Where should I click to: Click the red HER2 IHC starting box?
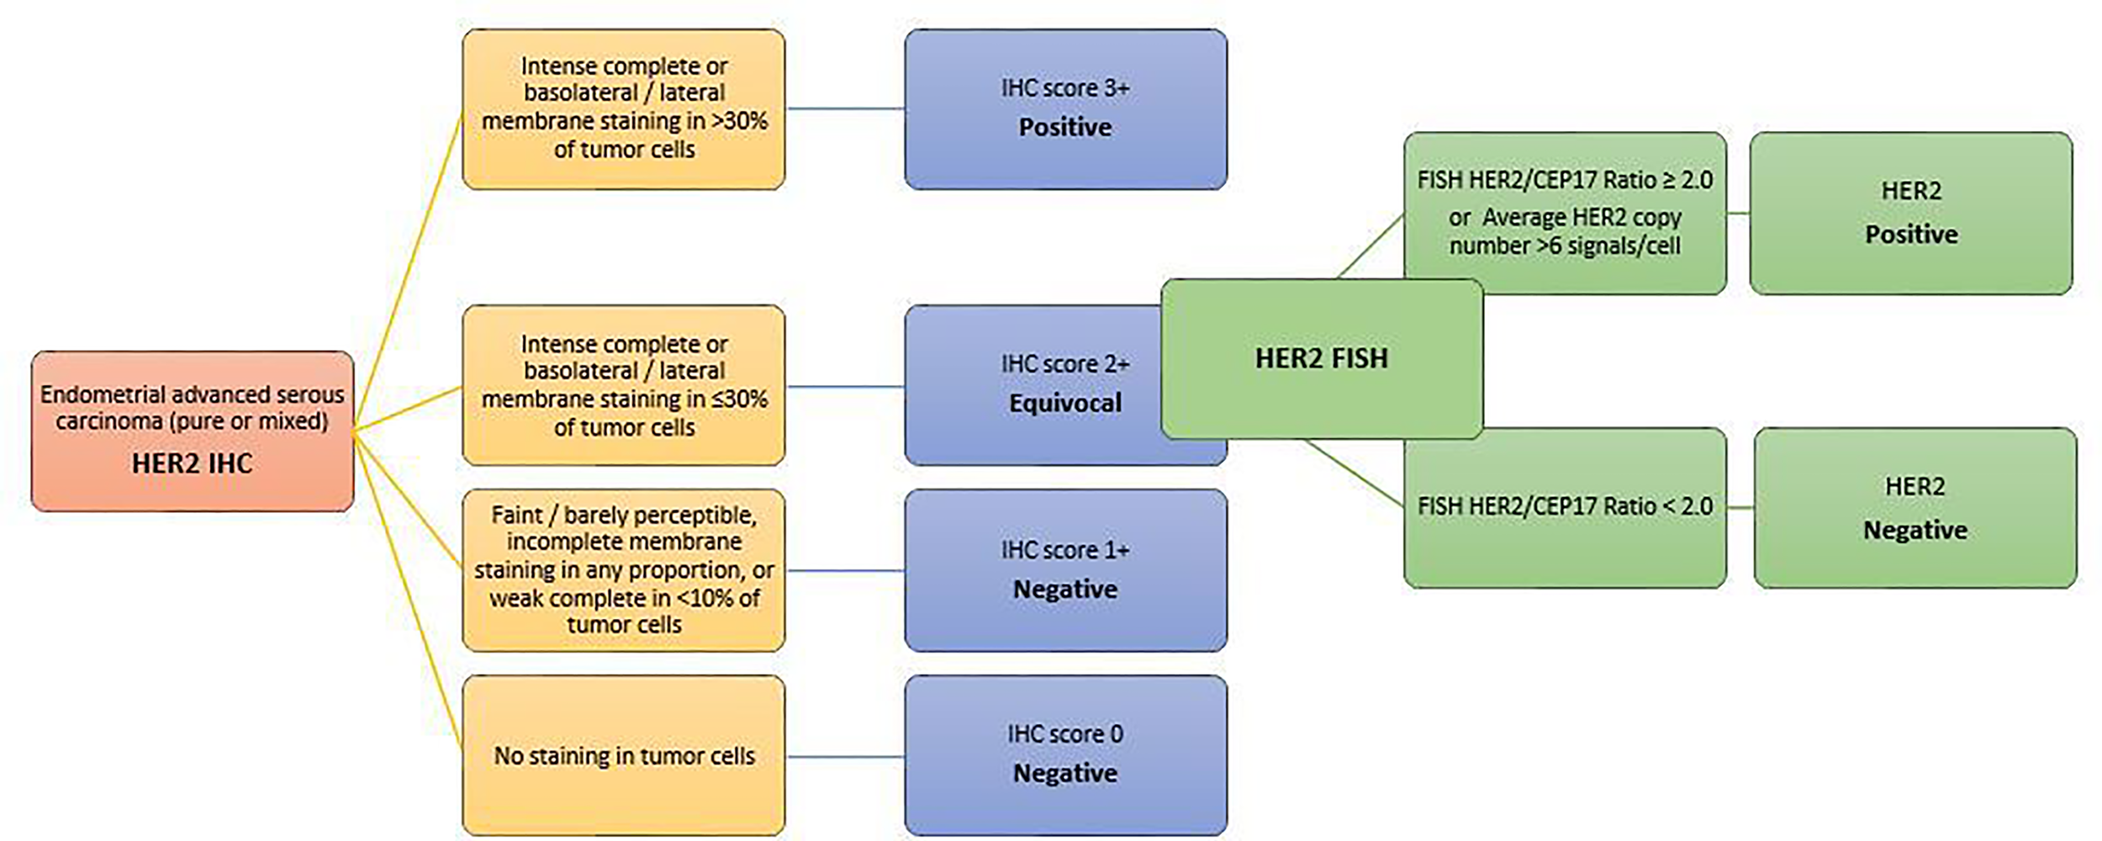[x=193, y=431]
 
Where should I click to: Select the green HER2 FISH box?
[x=1322, y=358]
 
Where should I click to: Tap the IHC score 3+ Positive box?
[x=1065, y=109]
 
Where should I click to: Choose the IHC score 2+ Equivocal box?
[x=1034, y=385]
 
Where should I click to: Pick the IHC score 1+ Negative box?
[x=1065, y=570]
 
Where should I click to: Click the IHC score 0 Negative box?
[x=1065, y=754]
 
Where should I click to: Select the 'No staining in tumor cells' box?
[x=624, y=755]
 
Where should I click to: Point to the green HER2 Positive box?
[x=1910, y=213]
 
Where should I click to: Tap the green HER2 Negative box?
[x=1915, y=508]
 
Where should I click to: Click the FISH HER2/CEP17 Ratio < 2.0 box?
[x=1564, y=507]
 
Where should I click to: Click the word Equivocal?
[x=1064, y=404]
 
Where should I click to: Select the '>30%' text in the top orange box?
[x=740, y=121]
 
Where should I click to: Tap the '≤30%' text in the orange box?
[x=740, y=399]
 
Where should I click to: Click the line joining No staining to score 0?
[x=845, y=757]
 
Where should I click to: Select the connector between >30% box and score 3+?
[x=845, y=108]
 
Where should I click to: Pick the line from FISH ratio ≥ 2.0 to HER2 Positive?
[x=1738, y=213]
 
